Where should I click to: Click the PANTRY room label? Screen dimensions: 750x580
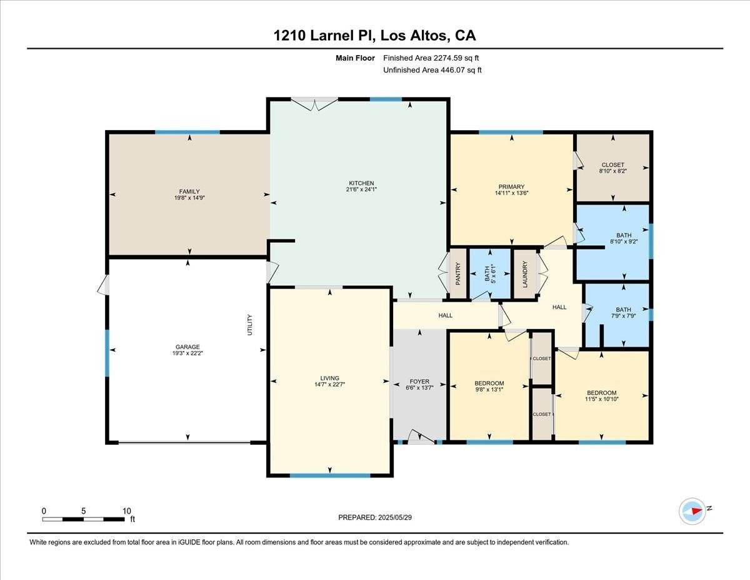coord(458,274)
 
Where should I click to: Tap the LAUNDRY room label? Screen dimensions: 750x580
coord(525,274)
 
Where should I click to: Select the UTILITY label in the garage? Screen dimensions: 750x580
coord(250,325)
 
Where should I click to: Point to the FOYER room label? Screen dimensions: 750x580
coord(419,382)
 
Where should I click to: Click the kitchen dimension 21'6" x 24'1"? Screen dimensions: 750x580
coord(361,190)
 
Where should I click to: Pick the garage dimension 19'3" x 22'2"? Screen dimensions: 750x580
coord(187,353)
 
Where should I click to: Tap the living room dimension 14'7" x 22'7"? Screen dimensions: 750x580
coord(329,384)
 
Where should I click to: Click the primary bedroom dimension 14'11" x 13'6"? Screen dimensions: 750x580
coord(511,193)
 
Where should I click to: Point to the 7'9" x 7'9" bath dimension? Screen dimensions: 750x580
coord(623,316)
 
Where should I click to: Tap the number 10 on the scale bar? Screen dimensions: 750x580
coord(127,511)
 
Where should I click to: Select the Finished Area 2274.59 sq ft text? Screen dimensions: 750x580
coord(431,58)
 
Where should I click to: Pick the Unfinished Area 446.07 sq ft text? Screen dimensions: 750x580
coord(432,70)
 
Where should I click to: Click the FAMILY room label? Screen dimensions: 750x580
coord(189,191)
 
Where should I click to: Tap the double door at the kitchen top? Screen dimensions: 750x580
coord(314,104)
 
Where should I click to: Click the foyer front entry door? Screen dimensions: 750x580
coord(421,436)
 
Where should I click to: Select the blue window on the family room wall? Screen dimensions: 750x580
coord(187,132)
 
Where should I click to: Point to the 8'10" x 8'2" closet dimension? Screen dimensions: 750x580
coord(612,171)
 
